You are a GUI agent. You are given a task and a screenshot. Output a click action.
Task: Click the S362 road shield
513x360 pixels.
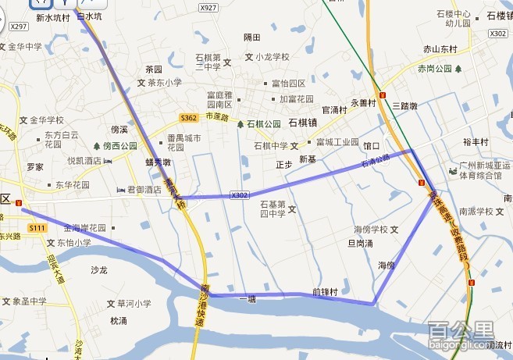coord(188,118)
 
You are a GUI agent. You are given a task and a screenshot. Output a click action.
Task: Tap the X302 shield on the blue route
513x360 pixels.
coord(240,195)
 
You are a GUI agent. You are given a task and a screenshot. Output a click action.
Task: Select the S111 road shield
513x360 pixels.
coord(36,227)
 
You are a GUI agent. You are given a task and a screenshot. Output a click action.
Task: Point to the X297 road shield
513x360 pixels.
coord(19,27)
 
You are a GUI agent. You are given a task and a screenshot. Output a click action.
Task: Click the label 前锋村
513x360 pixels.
coord(324,292)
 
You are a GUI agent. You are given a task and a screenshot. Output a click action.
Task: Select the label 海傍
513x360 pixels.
coord(387,266)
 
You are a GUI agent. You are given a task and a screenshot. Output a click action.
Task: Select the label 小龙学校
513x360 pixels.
coord(272,57)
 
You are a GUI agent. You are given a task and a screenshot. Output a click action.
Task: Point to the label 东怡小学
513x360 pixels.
coord(73,242)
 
